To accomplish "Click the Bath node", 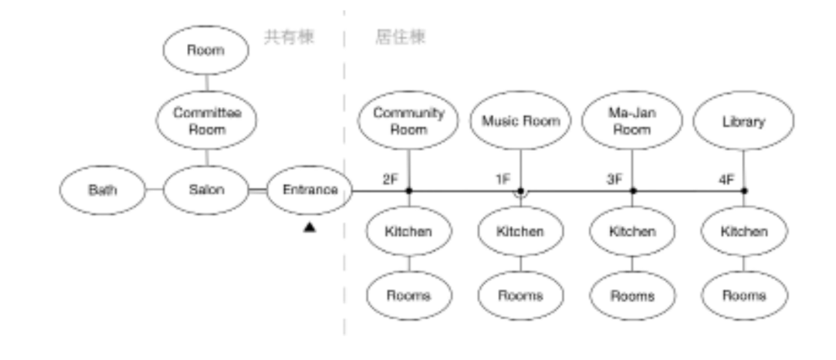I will [103, 191].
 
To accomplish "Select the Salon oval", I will [206, 191].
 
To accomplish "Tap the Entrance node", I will [309, 191].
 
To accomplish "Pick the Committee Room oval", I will [206, 121].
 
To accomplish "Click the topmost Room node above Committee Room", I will [206, 51].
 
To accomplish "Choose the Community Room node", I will [408, 121].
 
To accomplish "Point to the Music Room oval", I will [521, 121].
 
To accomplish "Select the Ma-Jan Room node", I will [632, 121].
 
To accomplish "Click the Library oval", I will [744, 121].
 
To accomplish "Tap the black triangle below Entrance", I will [309, 228].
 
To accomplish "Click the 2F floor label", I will [390, 179].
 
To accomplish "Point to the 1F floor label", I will [503, 179].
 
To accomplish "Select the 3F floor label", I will [615, 179].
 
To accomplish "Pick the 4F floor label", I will [726, 179].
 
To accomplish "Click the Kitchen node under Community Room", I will [408, 232].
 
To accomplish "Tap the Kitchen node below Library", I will [744, 232].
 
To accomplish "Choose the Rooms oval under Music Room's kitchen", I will [521, 295].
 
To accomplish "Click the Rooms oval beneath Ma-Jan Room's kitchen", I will [632, 295].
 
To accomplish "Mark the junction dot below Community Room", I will [408, 191].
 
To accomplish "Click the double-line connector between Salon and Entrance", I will [257, 191].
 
